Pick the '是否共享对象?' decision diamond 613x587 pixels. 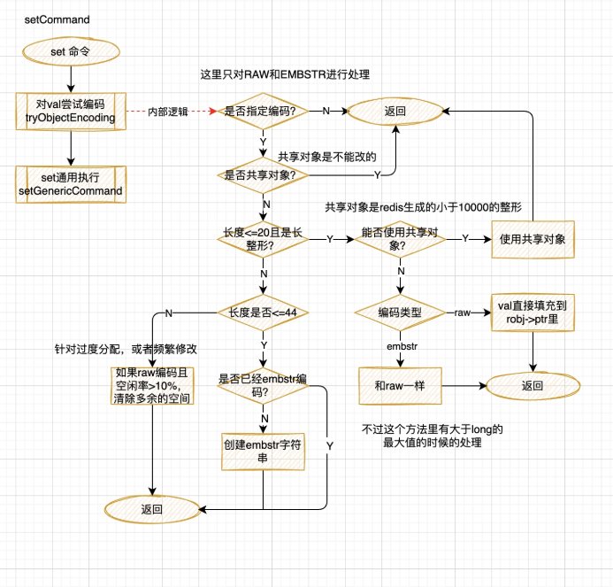tap(263, 174)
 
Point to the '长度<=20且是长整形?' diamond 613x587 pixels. tap(263, 238)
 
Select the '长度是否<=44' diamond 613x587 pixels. tap(263, 312)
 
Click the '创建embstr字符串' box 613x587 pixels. tap(263, 451)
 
